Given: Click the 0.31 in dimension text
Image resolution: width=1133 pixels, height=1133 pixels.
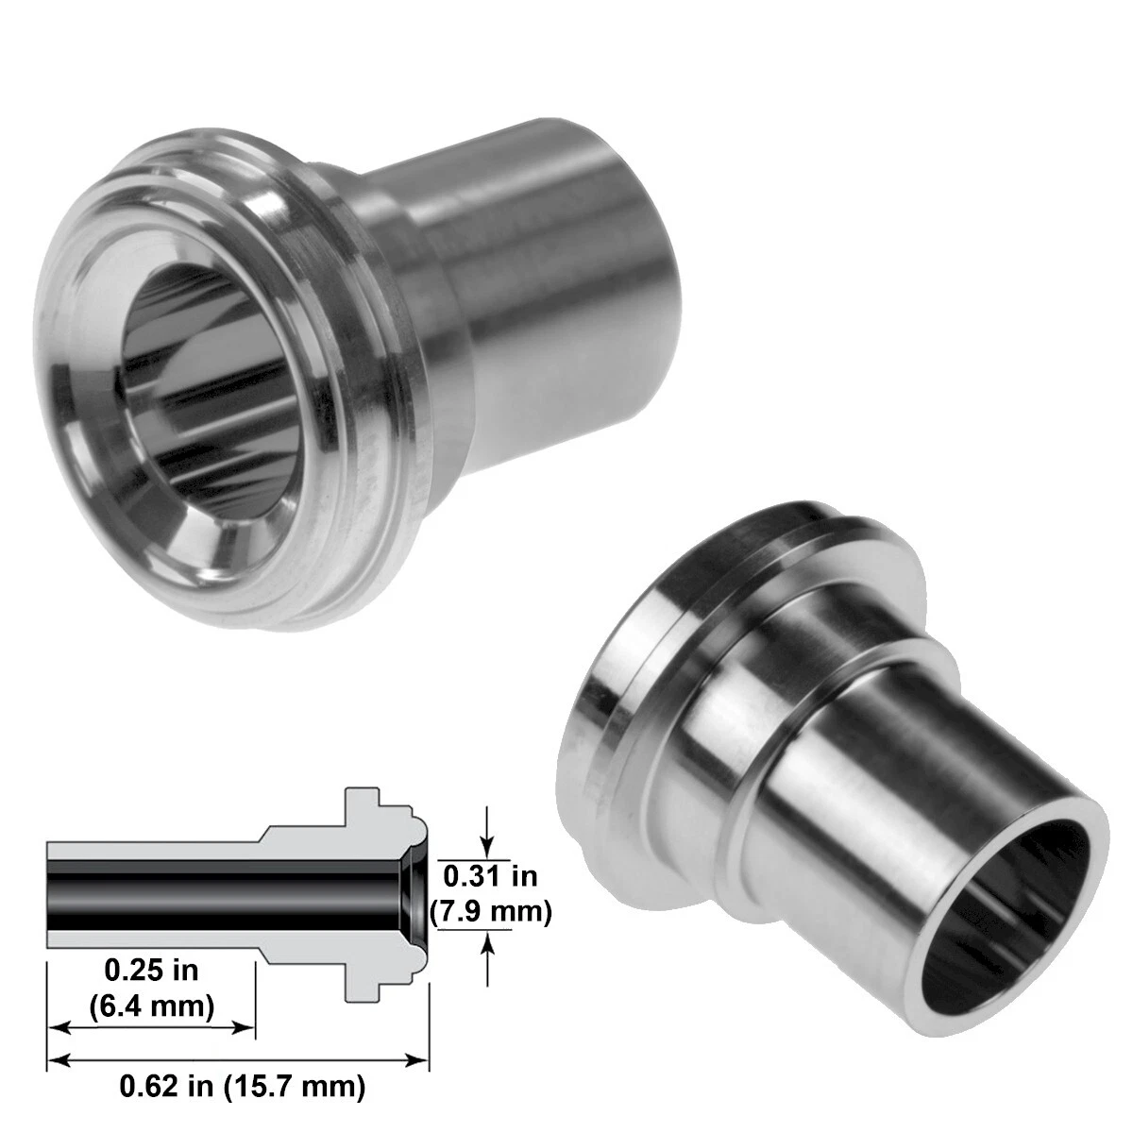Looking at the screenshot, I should pos(490,876).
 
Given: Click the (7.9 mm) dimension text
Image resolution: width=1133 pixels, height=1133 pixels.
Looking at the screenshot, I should pos(490,913).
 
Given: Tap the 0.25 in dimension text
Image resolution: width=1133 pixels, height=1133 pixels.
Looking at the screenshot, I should pos(151,969).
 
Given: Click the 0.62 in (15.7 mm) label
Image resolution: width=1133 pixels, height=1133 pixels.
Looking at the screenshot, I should pos(242,1087).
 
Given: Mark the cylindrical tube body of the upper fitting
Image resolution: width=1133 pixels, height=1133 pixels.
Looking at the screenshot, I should pos(548,283).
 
